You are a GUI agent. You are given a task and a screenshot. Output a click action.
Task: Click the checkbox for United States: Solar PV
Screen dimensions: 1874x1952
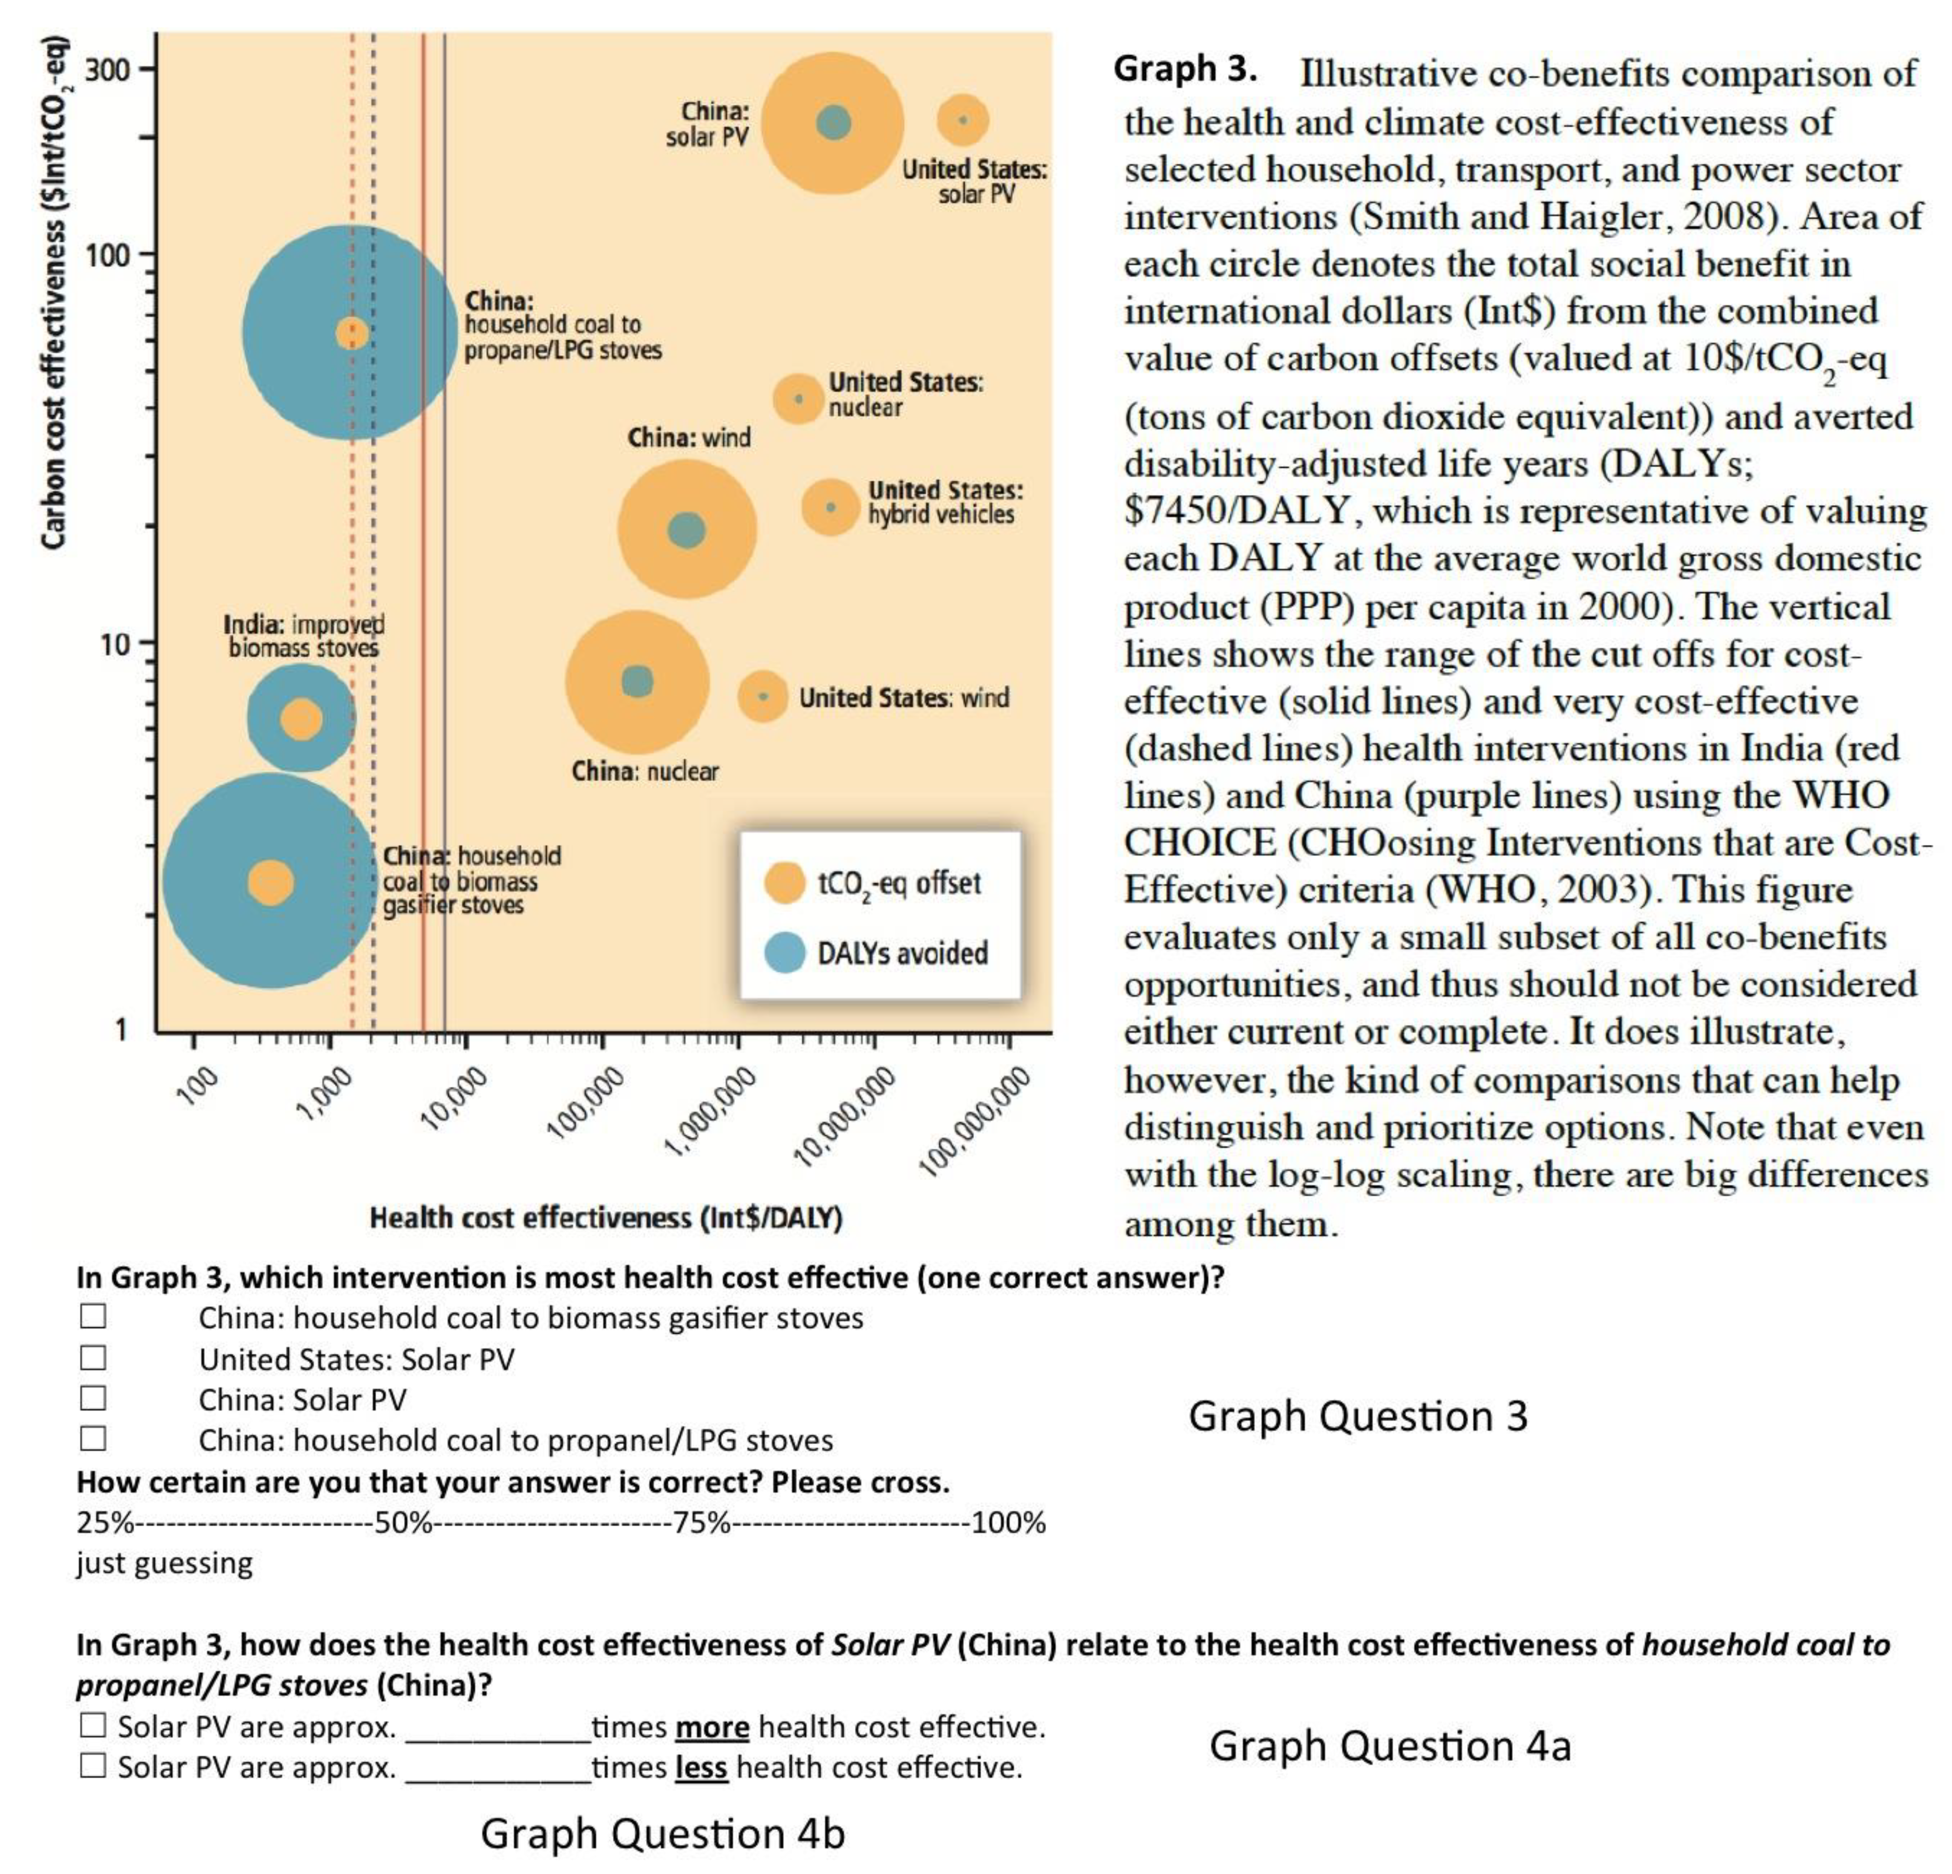tap(94, 1357)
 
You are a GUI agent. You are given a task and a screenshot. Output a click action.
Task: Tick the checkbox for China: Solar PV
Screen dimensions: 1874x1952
tap(94, 1398)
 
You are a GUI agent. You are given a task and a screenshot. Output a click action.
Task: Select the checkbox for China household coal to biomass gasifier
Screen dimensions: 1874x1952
tap(94, 1316)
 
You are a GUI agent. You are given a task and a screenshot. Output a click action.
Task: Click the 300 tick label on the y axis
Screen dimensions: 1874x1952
tap(107, 69)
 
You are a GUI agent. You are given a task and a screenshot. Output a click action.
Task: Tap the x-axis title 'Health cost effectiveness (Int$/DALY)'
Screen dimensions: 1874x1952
tap(606, 1217)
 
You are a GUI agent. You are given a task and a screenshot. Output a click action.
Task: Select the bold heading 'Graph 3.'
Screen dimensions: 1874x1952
tap(1184, 69)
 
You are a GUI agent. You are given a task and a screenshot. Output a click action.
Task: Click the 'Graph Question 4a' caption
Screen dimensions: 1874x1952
tap(1390, 1746)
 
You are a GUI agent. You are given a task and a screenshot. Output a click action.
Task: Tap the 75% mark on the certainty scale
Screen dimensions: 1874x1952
tap(701, 1523)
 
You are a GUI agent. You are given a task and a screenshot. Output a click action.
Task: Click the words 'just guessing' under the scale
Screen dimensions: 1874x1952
tap(164, 1563)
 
